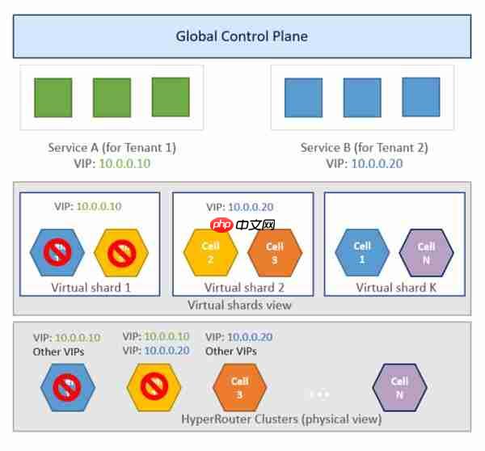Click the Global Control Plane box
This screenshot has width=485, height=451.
point(242,36)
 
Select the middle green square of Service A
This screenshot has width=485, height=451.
point(112,98)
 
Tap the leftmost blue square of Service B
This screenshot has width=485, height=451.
point(303,98)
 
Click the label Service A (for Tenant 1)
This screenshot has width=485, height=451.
point(112,147)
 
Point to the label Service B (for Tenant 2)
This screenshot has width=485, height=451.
point(364,147)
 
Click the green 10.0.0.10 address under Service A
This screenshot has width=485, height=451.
point(123,162)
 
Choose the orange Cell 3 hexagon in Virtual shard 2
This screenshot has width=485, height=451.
point(275,252)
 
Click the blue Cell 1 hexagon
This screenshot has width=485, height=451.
point(362,252)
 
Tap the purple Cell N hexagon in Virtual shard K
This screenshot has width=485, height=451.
point(426,252)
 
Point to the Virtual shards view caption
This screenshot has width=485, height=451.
point(239,305)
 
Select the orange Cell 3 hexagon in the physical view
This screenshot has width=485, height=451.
point(240,387)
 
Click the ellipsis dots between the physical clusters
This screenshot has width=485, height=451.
point(318,394)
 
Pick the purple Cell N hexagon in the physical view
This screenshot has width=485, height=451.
point(399,387)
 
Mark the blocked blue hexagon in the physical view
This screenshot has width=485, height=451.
point(67,387)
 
